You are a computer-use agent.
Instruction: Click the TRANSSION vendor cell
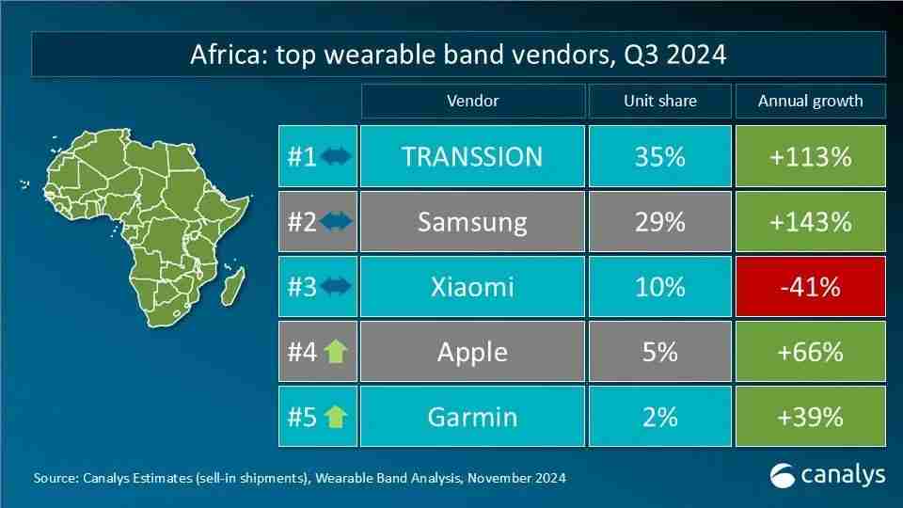coord(472,156)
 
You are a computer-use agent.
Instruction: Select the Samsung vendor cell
coord(472,221)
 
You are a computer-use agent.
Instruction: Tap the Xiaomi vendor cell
coord(472,286)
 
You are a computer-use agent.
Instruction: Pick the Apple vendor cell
coord(472,351)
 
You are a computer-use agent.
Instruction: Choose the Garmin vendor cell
coord(472,416)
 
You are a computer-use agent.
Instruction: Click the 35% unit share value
coord(659,156)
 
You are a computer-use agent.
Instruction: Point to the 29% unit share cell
coord(659,221)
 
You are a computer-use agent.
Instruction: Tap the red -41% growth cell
coord(810,286)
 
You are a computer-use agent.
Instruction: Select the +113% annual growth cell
coord(810,156)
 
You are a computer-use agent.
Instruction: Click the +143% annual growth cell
coord(810,221)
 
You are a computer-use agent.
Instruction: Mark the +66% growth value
coord(810,351)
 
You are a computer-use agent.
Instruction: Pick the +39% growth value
coord(810,416)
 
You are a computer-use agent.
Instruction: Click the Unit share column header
coord(659,101)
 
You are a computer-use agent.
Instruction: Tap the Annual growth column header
coord(810,101)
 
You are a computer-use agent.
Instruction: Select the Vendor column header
coord(472,101)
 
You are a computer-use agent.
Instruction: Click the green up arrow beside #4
coord(335,352)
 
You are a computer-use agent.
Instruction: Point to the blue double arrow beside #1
coord(335,156)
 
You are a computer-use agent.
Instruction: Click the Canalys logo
coord(827,475)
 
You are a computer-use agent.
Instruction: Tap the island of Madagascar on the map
coord(235,283)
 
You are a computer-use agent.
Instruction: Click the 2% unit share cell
coord(659,416)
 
